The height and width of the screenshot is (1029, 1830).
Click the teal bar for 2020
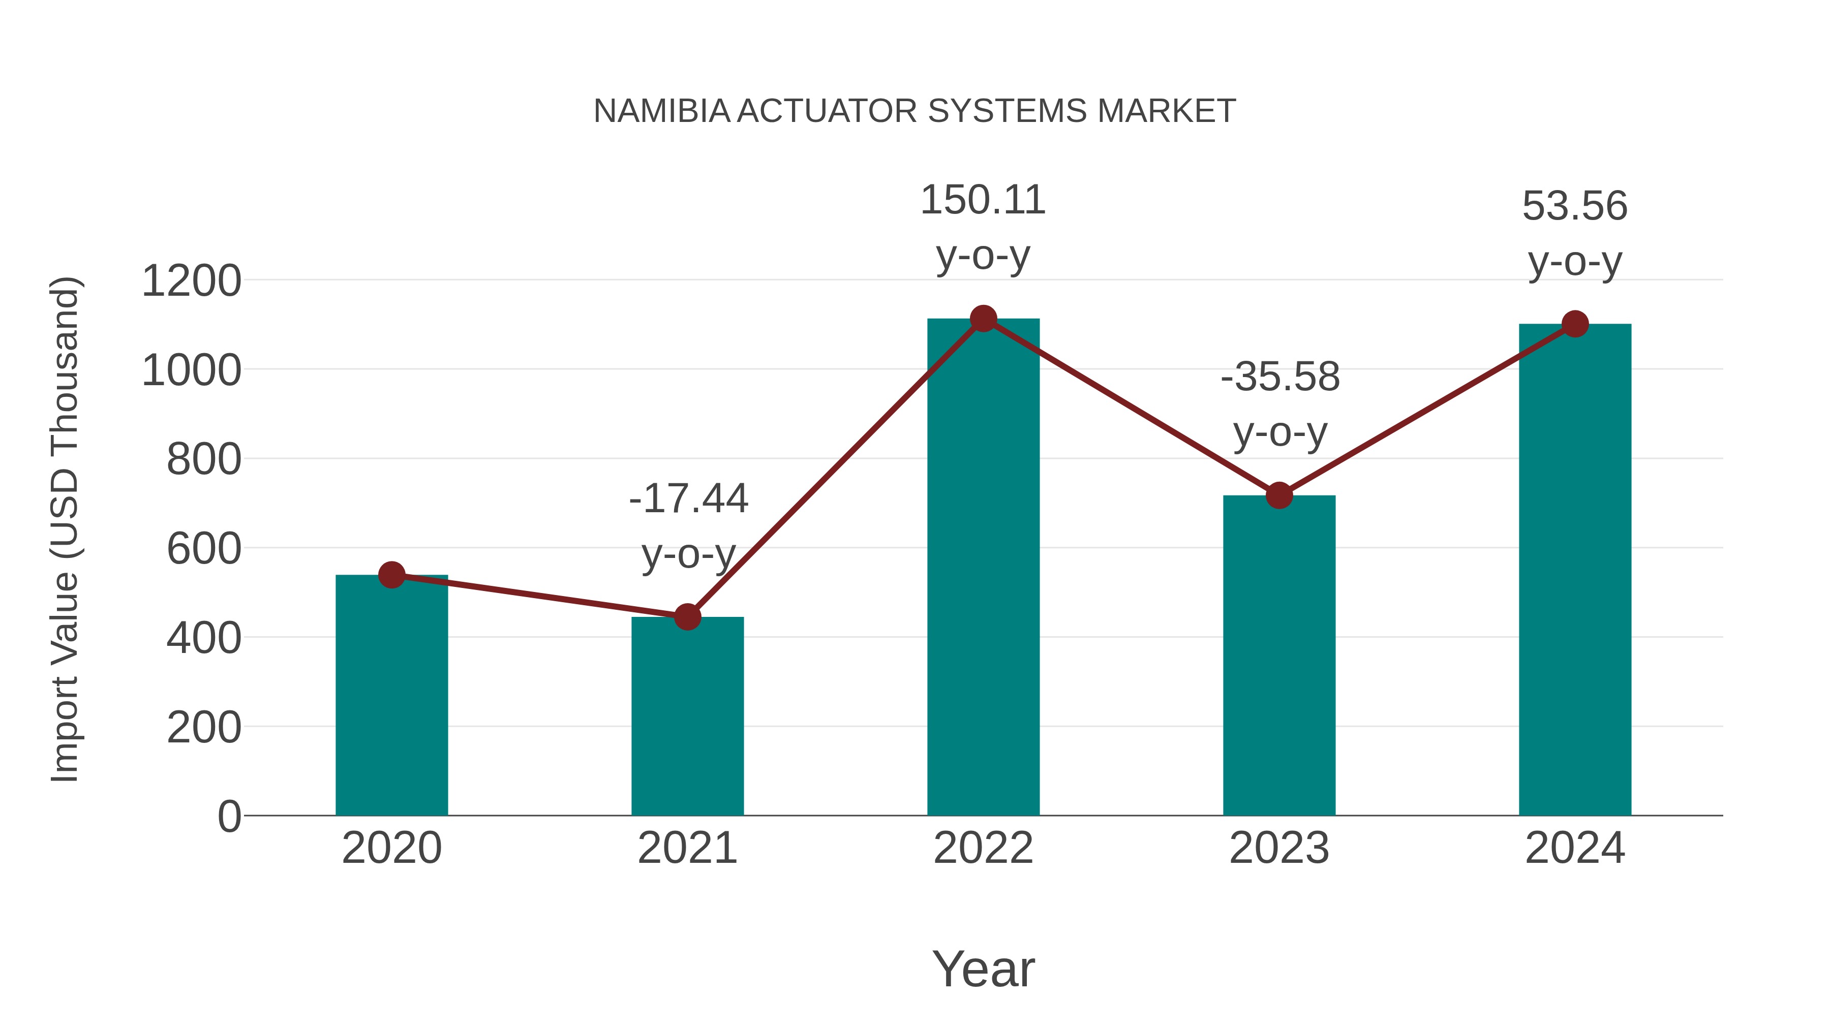click(391, 696)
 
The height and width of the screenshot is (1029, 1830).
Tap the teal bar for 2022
click(983, 568)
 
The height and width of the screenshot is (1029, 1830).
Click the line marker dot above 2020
click(391, 575)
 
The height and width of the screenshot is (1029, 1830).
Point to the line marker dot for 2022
click(983, 319)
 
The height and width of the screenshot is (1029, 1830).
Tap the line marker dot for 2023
click(1279, 495)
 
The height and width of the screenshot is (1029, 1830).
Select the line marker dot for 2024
click(1575, 324)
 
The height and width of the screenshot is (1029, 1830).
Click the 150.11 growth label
click(983, 200)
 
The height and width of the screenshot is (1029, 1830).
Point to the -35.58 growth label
click(1280, 377)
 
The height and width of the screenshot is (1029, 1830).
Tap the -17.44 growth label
click(688, 498)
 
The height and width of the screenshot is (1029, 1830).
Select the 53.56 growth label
click(1575, 207)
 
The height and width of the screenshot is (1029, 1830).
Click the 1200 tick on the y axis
click(191, 281)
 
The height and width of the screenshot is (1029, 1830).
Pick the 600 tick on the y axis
click(203, 549)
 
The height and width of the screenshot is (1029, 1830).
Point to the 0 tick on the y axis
click(229, 817)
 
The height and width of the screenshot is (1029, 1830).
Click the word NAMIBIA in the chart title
click(661, 111)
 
